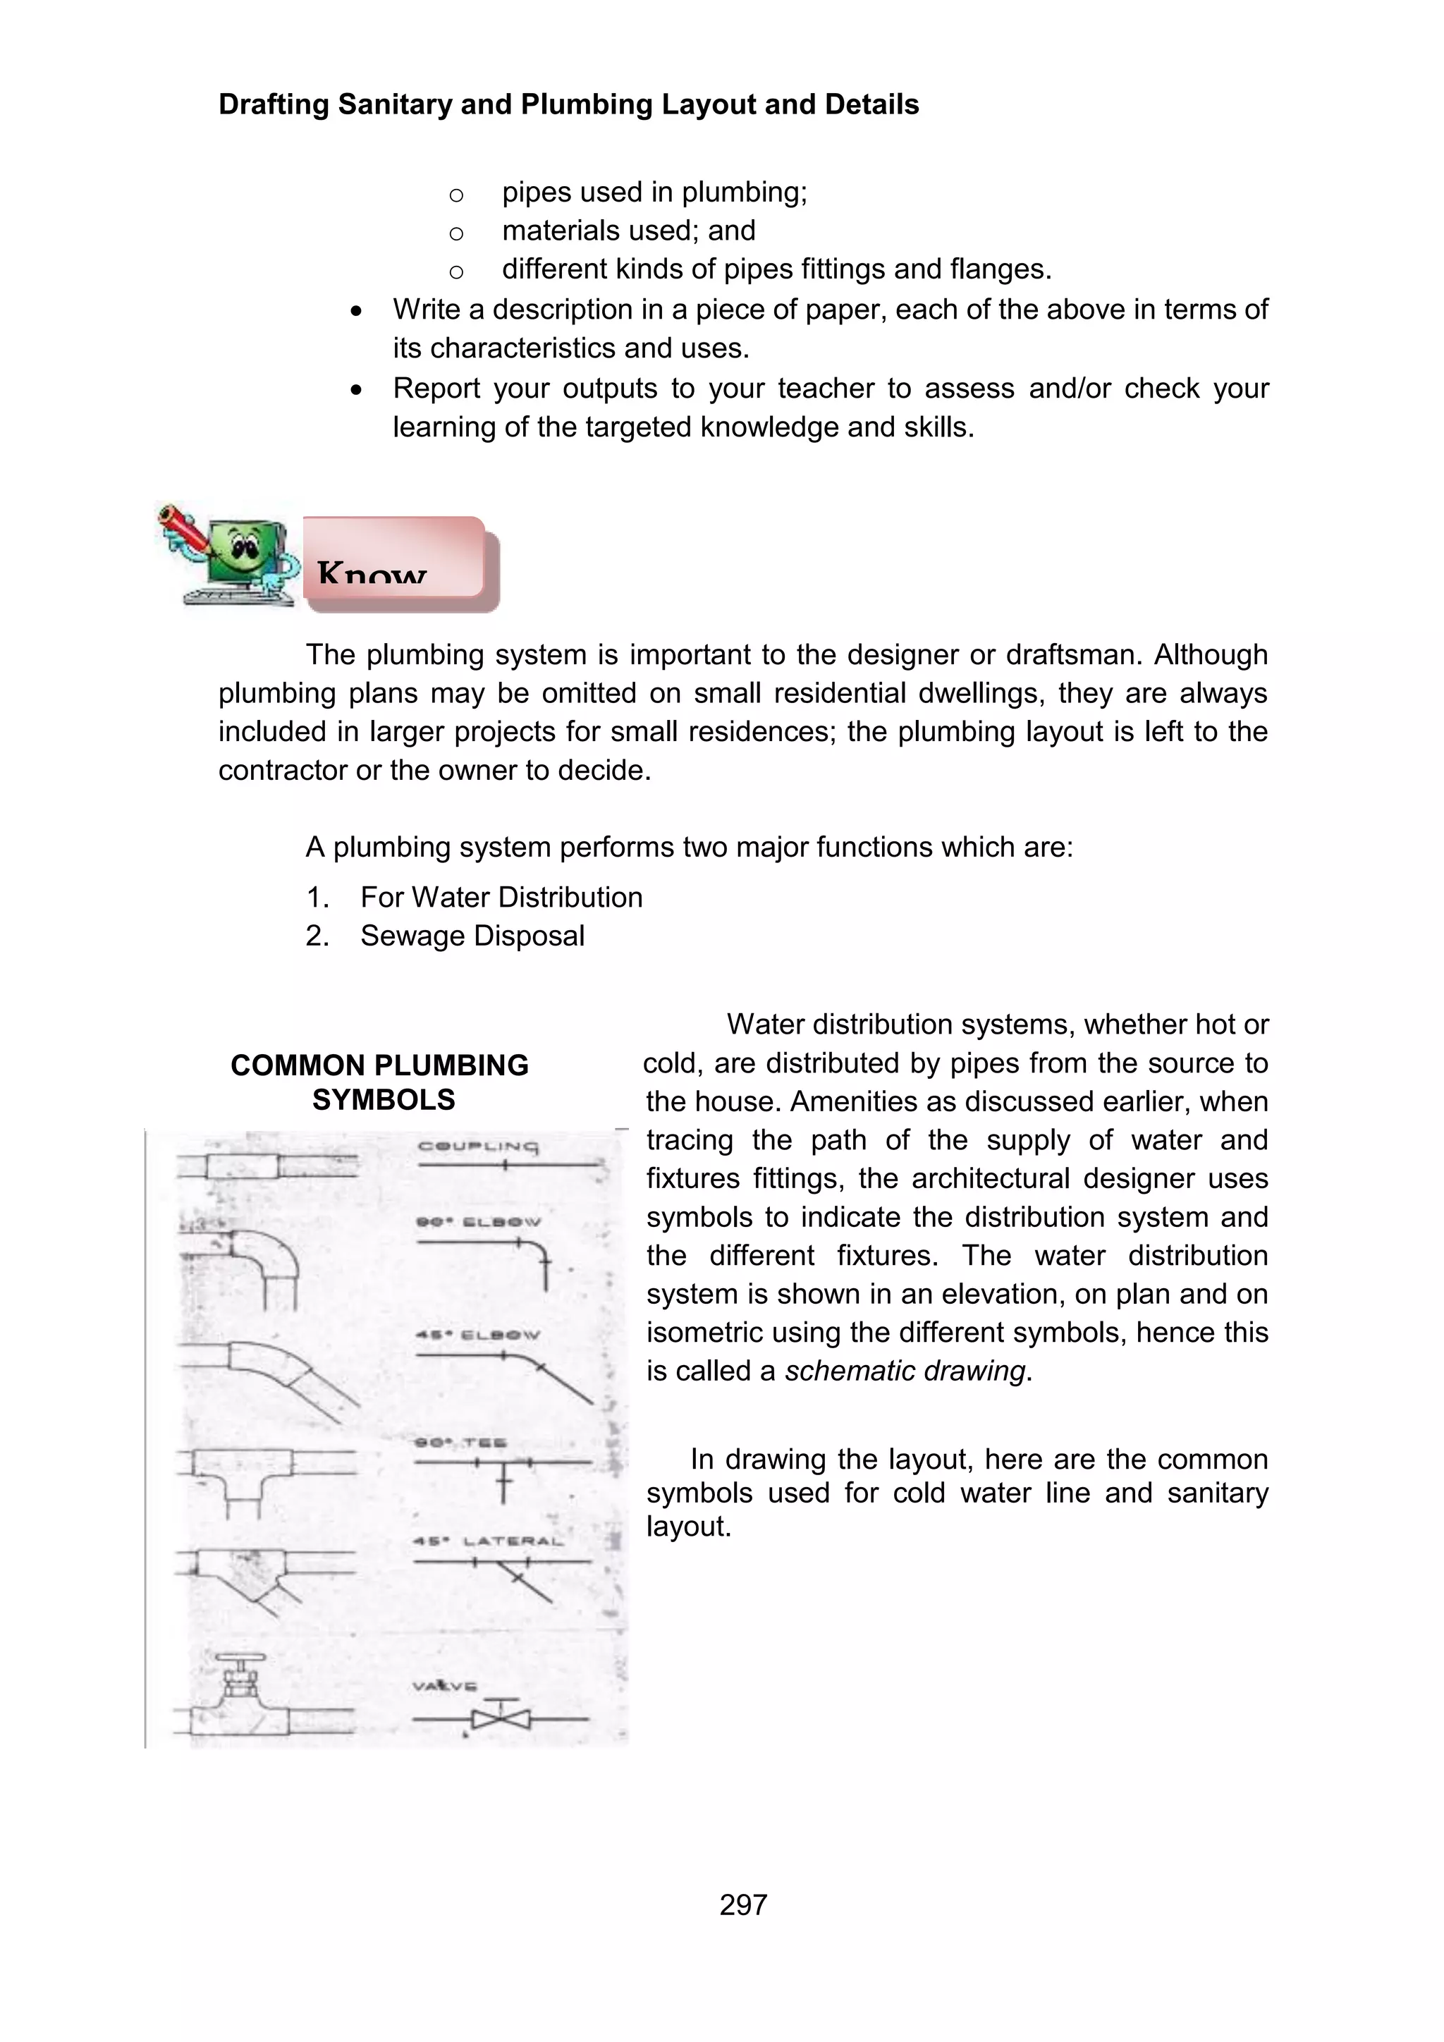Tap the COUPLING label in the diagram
click(478, 1147)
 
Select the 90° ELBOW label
click(478, 1221)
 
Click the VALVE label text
click(445, 1685)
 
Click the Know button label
click(372, 572)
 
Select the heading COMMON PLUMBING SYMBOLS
click(381, 1082)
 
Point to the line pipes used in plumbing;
click(654, 192)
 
